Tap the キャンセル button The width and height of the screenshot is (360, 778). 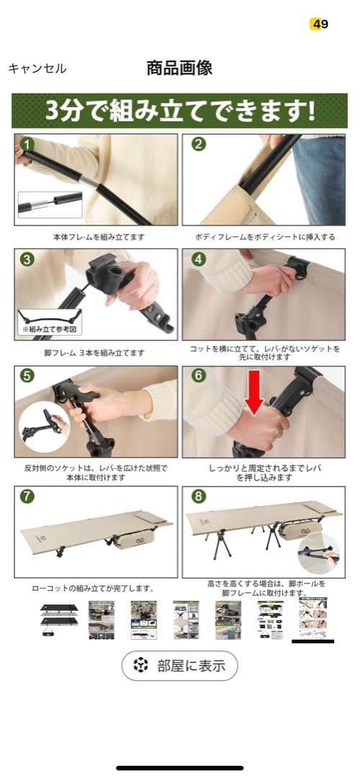[37, 68]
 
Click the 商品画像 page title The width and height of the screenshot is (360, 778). [179, 68]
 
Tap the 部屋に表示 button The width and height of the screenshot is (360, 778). [179, 666]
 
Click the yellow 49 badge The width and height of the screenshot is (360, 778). [319, 24]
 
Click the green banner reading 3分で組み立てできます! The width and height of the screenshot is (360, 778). [179, 111]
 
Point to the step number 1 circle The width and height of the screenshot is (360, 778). [27, 144]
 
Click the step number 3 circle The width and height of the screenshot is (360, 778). [27, 259]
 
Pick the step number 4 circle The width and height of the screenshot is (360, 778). [199, 259]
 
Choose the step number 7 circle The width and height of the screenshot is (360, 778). [27, 496]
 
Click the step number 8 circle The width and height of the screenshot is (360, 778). [199, 496]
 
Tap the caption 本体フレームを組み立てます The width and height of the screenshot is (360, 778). [95, 236]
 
